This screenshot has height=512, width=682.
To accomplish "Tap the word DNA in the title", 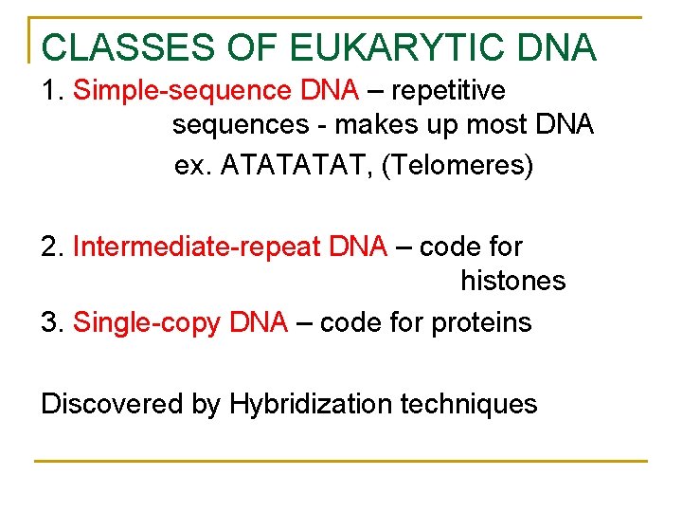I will click(558, 47).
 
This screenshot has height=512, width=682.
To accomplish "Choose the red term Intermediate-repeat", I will click(198, 247).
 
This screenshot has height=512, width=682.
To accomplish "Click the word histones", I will click(512, 281).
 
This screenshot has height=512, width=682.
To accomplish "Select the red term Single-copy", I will click(149, 322).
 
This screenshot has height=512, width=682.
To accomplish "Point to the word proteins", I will click(481, 322).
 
